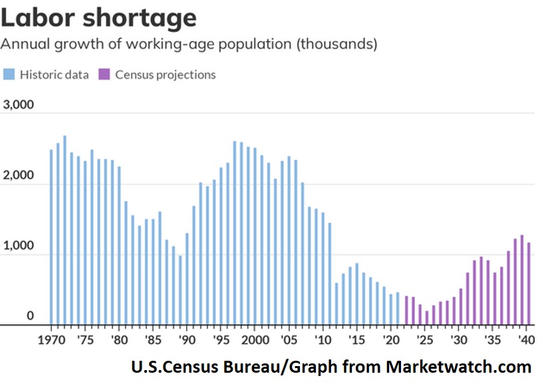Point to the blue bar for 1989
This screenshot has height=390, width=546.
[180, 290]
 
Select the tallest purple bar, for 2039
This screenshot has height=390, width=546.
[522, 280]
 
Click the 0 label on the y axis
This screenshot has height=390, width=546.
[30, 316]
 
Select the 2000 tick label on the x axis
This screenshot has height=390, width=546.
[254, 338]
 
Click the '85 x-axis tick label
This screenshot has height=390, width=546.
[152, 338]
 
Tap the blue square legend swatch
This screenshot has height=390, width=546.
[10, 74]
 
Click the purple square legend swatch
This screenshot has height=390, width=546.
[105, 74]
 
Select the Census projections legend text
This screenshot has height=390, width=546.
[166, 74]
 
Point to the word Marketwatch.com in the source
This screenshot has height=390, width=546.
[459, 367]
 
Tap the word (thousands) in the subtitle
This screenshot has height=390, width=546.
[337, 45]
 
